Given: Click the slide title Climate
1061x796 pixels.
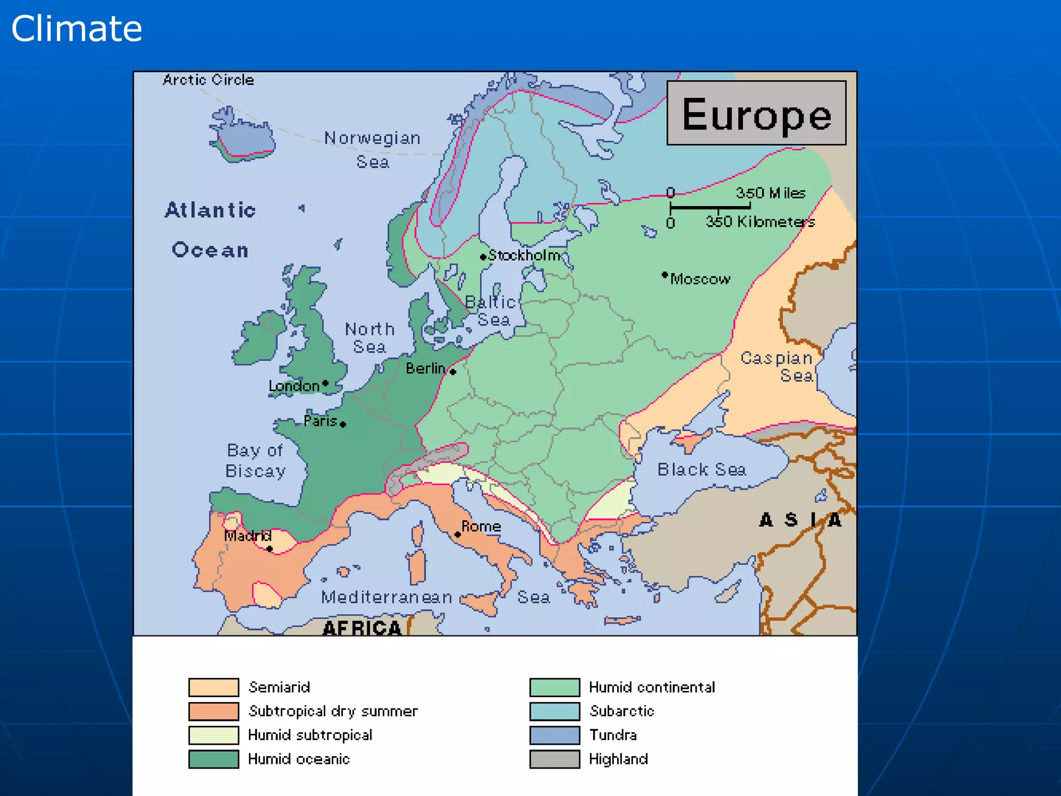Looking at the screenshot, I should (77, 29).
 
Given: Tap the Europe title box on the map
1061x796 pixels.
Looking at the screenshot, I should (756, 113).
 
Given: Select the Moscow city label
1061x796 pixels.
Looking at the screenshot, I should (700, 279).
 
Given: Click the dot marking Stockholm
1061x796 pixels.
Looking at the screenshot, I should (483, 257).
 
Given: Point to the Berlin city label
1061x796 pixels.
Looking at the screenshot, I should (425, 368).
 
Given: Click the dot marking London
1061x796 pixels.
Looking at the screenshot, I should (325, 383).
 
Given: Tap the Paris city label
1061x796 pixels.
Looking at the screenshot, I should (320, 421).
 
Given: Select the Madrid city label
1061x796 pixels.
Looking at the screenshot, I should (248, 535).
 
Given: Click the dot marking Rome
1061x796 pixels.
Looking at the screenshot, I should (457, 534).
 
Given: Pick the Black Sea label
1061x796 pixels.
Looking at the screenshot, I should (701, 470).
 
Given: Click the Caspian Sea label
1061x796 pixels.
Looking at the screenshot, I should (777, 366).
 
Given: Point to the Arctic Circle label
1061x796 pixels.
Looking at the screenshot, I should (208, 80).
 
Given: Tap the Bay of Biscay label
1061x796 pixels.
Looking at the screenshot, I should (255, 461).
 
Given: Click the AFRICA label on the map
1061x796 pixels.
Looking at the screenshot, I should (362, 628).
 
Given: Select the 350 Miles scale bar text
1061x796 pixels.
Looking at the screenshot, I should (770, 193).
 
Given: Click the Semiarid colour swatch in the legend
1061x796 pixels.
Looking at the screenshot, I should (213, 687).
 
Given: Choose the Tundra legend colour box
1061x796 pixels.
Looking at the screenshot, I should (554, 735).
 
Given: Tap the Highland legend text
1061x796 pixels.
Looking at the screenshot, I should (618, 759).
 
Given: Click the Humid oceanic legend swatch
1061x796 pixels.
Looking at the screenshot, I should (213, 759).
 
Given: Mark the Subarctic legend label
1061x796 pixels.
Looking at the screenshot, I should (622, 711).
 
